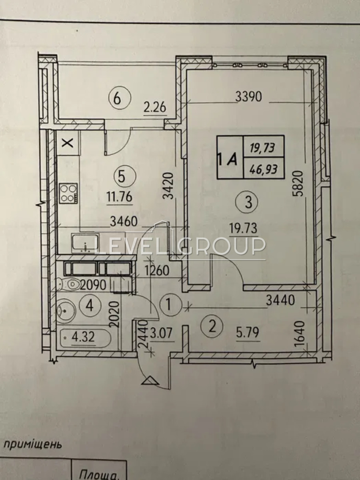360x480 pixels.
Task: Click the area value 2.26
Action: click(x=156, y=108)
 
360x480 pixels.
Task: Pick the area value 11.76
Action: click(x=120, y=198)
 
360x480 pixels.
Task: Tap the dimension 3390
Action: click(x=248, y=97)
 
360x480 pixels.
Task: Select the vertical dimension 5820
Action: click(x=299, y=184)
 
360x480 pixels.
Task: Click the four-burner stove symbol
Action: click(x=69, y=193)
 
